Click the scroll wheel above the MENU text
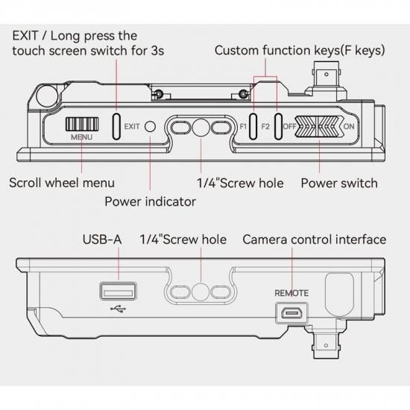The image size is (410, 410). (82, 124)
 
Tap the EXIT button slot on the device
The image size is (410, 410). (116, 127)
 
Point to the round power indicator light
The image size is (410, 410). (150, 127)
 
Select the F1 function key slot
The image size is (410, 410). (253, 127)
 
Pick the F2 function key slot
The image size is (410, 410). (278, 127)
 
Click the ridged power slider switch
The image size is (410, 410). (319, 127)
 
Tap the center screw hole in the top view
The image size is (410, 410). (201, 127)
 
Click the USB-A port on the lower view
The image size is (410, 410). (119, 291)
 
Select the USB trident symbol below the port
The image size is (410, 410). (119, 309)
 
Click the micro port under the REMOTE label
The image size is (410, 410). (291, 313)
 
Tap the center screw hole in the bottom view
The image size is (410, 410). (201, 291)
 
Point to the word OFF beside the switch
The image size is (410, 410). (289, 127)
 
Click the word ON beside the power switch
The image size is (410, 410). (349, 127)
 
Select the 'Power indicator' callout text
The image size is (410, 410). (150, 201)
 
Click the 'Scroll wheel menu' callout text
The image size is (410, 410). (62, 183)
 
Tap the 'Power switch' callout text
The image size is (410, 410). (339, 183)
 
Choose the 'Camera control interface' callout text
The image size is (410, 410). (315, 239)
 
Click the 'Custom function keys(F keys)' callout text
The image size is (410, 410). (300, 50)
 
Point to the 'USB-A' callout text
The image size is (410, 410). (102, 239)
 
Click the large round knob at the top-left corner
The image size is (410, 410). (47, 95)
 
